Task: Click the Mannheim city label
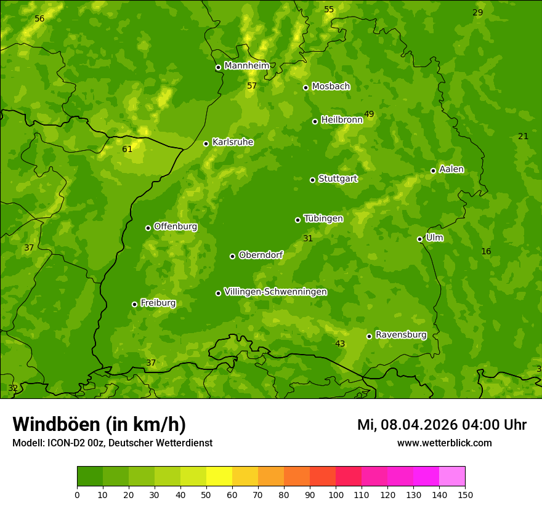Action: click(246, 65)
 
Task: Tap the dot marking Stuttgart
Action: click(312, 180)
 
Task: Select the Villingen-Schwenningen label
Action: click(275, 292)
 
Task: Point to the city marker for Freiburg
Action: click(134, 304)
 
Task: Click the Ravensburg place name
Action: click(400, 335)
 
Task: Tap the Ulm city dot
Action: click(419, 239)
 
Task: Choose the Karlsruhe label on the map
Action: click(232, 142)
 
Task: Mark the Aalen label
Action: click(451, 169)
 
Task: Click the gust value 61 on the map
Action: click(127, 149)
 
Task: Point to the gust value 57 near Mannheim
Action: click(252, 86)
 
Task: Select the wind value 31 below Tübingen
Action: click(308, 238)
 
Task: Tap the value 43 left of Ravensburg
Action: click(340, 344)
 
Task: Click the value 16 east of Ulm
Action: click(486, 251)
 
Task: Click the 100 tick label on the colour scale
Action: click(336, 494)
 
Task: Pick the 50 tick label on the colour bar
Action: click(206, 494)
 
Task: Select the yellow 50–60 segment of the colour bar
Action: click(219, 477)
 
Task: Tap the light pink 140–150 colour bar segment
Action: click(452, 477)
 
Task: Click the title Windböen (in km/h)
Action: click(99, 424)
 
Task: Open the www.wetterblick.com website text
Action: click(444, 443)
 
